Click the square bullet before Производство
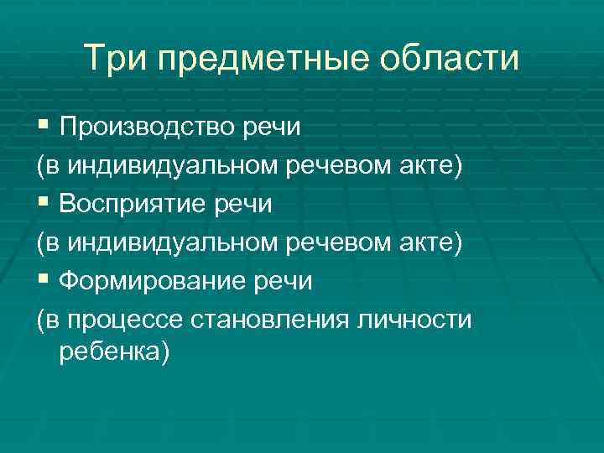tap(43, 126)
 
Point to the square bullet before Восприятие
tap(43, 204)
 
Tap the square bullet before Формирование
tap(43, 281)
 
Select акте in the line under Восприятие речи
tap(428, 243)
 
